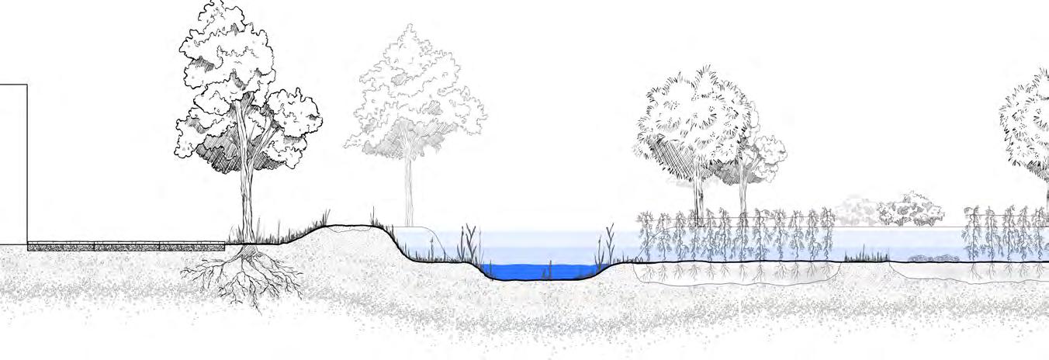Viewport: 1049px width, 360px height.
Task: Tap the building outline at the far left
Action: coord(13,163)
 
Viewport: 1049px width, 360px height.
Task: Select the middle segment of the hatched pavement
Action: coord(126,246)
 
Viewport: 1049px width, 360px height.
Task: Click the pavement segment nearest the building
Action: coord(60,246)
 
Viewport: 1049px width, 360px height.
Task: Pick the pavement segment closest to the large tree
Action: coord(192,246)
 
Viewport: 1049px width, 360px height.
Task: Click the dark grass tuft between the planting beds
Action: coord(865,255)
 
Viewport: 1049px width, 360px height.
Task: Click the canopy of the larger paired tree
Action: coord(691,116)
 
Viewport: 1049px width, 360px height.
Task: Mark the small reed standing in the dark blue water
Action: coord(549,269)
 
